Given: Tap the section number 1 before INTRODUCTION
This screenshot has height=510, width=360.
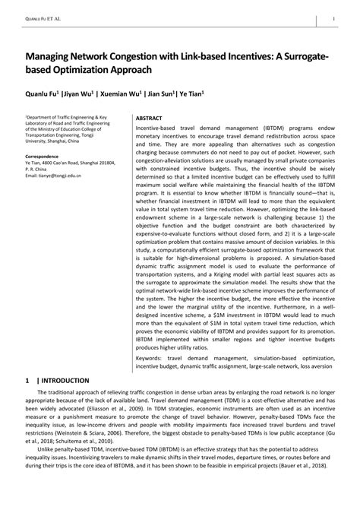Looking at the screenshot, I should [27, 380].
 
